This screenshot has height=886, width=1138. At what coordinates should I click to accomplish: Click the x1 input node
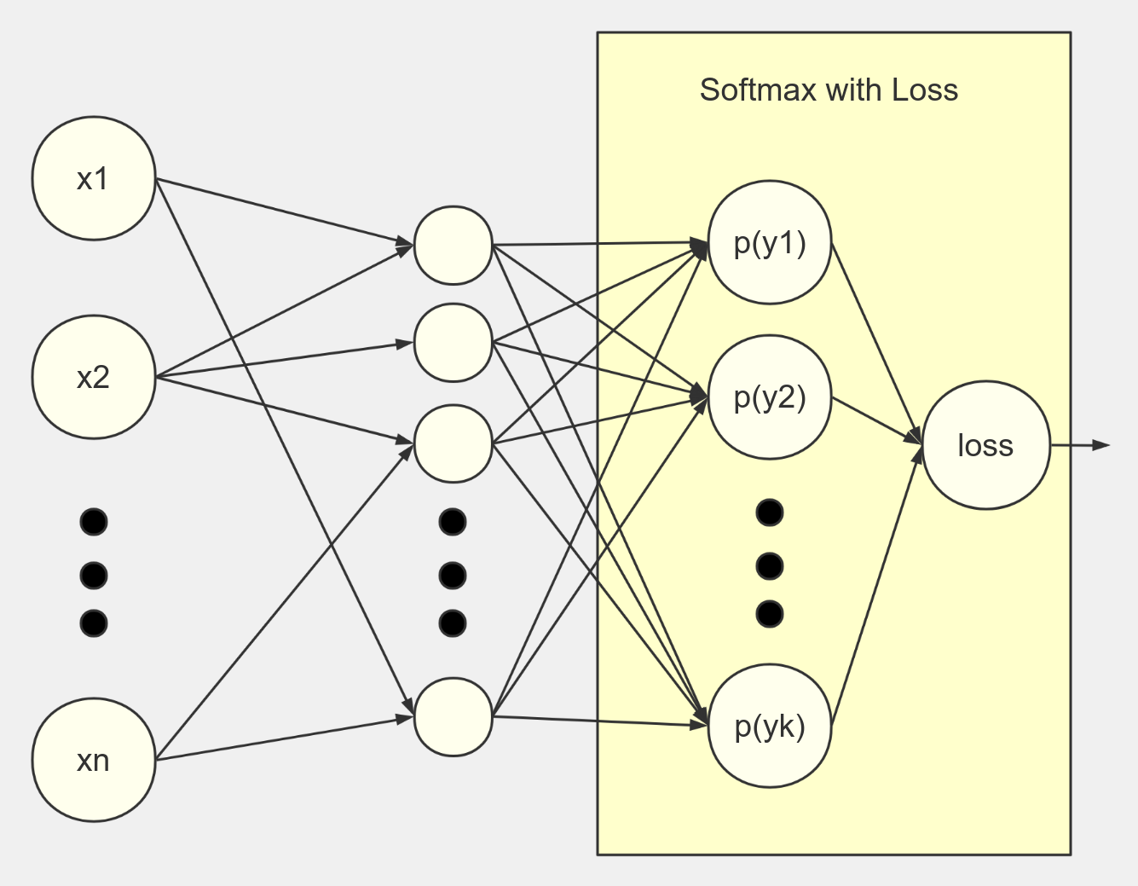(x=94, y=178)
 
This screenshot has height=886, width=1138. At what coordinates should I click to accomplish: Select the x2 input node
(x=94, y=377)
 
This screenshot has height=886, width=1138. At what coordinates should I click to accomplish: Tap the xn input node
(x=94, y=760)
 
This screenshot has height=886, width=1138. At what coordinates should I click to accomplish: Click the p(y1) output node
(x=770, y=242)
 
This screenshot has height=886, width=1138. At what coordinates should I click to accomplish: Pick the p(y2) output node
(x=770, y=397)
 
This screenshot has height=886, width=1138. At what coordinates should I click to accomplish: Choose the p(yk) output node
(x=770, y=726)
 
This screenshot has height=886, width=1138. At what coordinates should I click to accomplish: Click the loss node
(x=986, y=445)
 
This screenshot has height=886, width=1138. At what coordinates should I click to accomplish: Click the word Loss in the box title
(x=925, y=90)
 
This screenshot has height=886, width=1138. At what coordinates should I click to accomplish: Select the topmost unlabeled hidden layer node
(x=453, y=246)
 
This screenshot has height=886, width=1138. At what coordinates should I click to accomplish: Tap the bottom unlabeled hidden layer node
(x=453, y=717)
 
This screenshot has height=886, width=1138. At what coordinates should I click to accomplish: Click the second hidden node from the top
(x=453, y=343)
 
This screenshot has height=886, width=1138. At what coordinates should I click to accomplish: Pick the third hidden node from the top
(x=453, y=443)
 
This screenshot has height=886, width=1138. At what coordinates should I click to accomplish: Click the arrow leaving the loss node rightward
(x=1079, y=445)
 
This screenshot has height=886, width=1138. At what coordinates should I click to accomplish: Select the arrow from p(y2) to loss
(x=876, y=420)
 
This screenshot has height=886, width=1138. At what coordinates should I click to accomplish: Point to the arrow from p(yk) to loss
(x=875, y=588)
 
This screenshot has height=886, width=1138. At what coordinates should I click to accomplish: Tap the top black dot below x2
(x=94, y=522)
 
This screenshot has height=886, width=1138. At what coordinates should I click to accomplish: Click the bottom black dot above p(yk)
(x=770, y=614)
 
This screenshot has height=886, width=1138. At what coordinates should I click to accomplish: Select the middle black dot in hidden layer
(x=453, y=576)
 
